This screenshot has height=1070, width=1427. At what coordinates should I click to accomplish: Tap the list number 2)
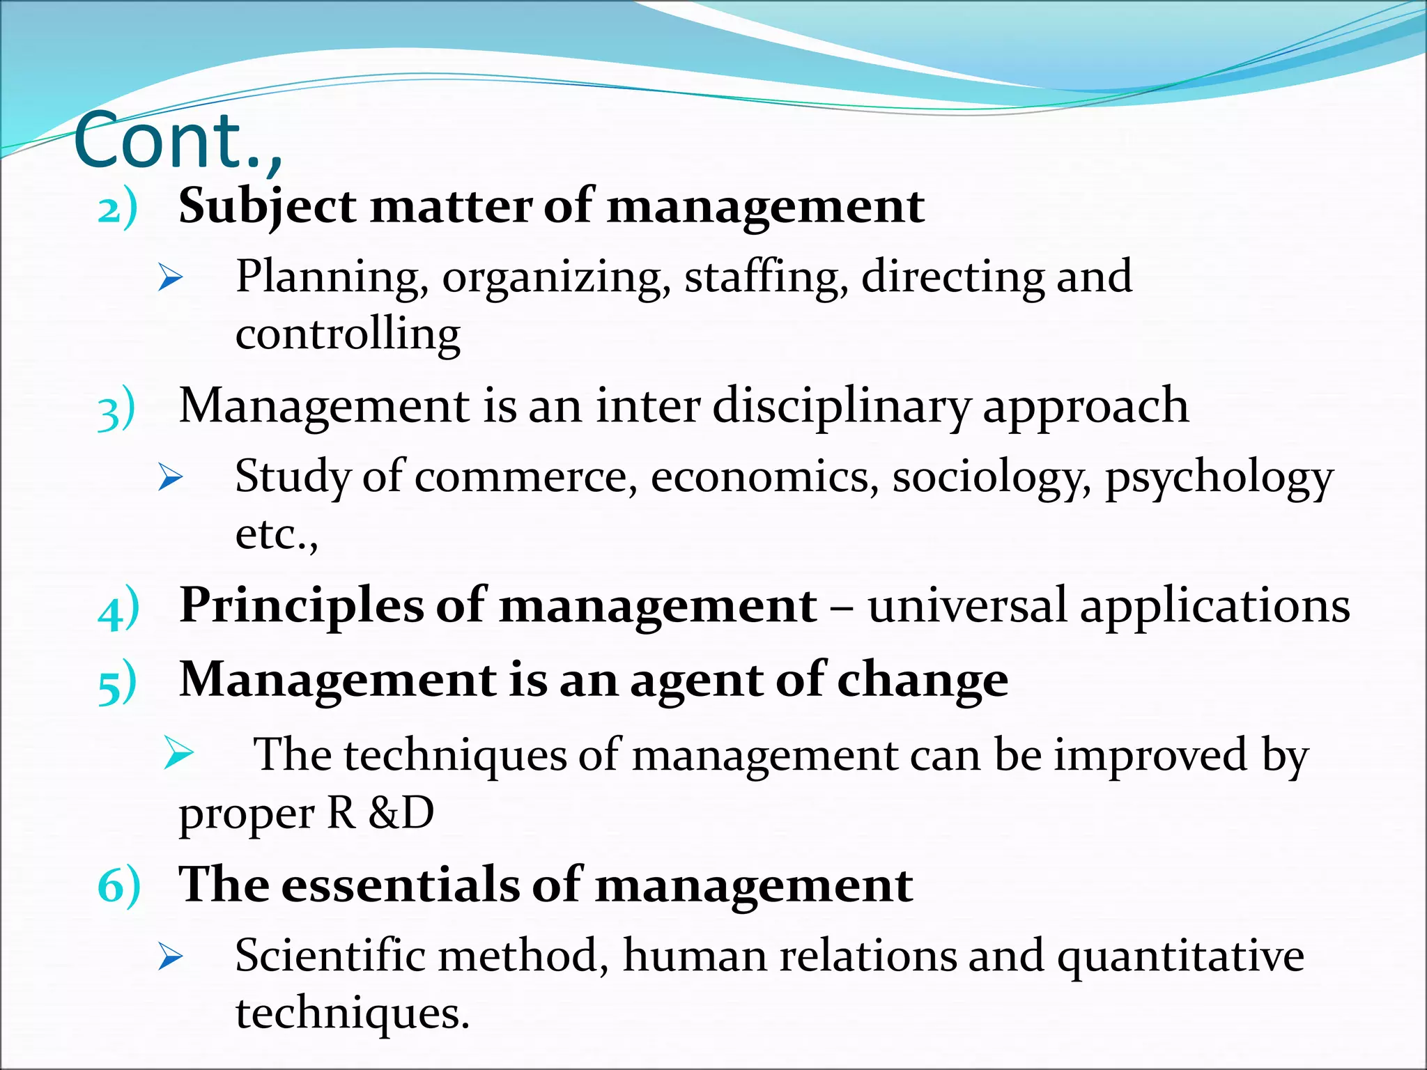coord(117,208)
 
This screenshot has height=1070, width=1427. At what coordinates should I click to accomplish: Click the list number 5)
coord(118,683)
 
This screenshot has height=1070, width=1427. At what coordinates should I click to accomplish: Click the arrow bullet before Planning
coord(170,278)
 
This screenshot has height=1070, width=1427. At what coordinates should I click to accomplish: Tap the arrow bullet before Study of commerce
coord(170,478)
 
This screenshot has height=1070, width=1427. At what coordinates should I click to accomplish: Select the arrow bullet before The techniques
coord(179,753)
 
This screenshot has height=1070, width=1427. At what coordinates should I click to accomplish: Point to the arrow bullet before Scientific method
coord(170,956)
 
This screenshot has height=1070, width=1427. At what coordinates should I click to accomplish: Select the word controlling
coord(348,334)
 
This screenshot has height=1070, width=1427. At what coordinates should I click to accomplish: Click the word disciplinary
coord(841,407)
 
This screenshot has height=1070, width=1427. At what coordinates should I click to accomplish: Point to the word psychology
coord(1219,479)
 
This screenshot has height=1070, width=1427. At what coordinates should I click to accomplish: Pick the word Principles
coord(301,605)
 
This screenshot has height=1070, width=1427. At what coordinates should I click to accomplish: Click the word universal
coord(967,605)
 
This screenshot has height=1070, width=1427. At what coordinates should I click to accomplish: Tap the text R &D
coord(380,812)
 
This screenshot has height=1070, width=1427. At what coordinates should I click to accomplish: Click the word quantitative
coord(1180,956)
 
